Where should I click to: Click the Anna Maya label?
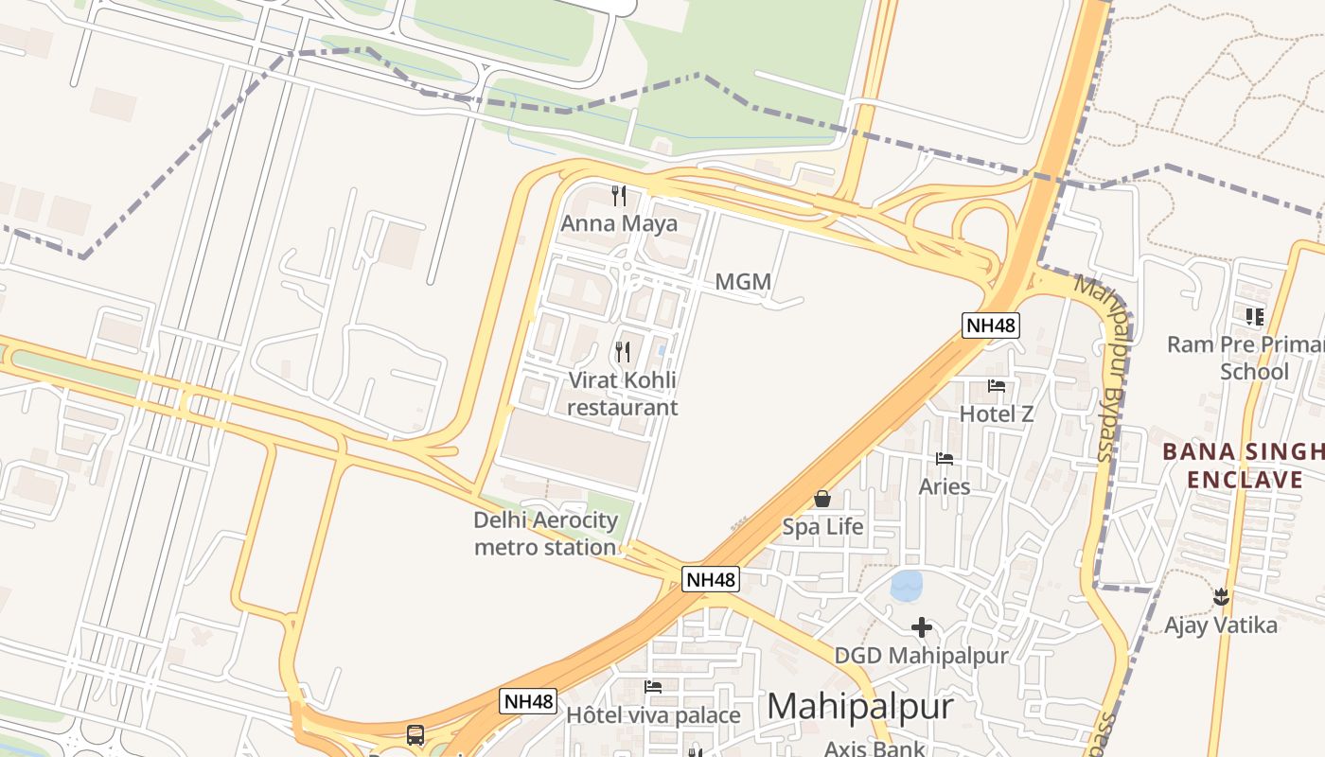click(619, 223)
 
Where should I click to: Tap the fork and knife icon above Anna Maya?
click(619, 196)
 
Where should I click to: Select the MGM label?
click(743, 281)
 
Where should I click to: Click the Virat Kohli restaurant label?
click(623, 394)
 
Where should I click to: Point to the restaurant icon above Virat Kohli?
click(623, 352)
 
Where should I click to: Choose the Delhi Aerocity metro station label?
click(545, 533)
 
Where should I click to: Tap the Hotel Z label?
click(997, 414)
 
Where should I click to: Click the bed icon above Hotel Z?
click(997, 385)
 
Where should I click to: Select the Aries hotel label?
click(945, 486)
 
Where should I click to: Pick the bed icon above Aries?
click(945, 459)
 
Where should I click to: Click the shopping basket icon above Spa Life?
click(822, 499)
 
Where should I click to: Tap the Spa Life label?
click(822, 526)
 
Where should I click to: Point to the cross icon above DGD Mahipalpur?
click(921, 626)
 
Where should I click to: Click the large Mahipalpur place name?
click(859, 706)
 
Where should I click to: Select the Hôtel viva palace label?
click(653, 714)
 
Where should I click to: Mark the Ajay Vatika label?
click(1220, 625)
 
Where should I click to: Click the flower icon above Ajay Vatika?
click(1221, 597)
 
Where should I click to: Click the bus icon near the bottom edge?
click(415, 734)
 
